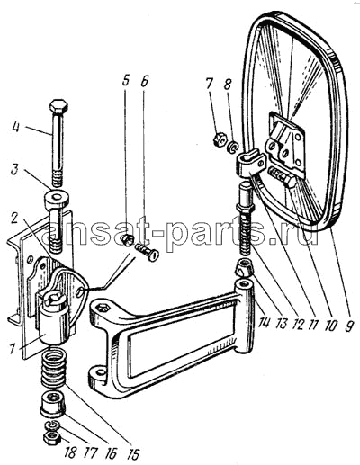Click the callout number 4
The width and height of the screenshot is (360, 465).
pos(15,128)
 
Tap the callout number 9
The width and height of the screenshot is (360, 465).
pos(347,325)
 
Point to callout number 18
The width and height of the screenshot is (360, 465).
pos(69,452)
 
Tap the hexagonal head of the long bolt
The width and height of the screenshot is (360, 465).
pos(59,106)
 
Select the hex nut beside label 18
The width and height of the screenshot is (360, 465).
pos(52,439)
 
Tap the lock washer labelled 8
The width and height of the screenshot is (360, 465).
pos(233,147)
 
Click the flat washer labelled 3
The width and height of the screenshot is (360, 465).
pos(57,198)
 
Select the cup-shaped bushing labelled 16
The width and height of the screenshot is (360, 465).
pos(53,405)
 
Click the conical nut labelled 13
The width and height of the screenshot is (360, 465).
pos(244,268)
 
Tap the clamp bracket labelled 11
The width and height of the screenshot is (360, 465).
pos(252,163)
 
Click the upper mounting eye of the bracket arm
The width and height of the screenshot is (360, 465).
pos(104,309)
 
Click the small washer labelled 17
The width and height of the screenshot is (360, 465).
pos(53,425)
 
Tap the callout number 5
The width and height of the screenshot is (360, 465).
pos(126,81)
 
